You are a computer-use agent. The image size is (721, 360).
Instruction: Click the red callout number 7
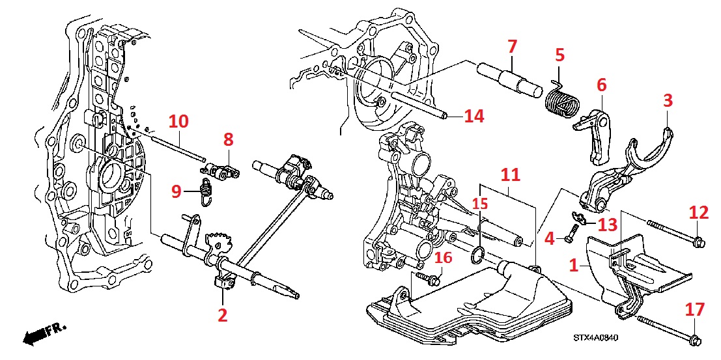pyautogui.click(x=512, y=47)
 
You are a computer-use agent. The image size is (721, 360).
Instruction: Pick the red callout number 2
pyautogui.click(x=223, y=316)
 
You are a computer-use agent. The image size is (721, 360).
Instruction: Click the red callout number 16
pyautogui.click(x=443, y=258)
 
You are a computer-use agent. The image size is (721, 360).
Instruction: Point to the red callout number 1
pyautogui.click(x=573, y=266)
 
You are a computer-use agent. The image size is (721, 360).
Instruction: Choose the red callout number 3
pyautogui.click(x=668, y=100)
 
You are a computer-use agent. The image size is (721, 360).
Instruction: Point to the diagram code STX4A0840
pyautogui.click(x=595, y=338)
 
